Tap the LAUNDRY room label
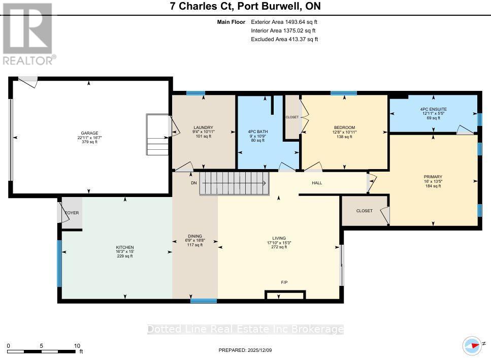tap(203, 127)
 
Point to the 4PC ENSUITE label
tap(433, 109)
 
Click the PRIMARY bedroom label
tap(433, 177)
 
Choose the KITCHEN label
tap(124, 247)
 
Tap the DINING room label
tap(195, 236)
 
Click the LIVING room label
tap(279, 238)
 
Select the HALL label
tap(317, 183)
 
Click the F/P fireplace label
tap(285, 282)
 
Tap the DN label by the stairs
tap(193, 183)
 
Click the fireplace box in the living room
tap(285, 295)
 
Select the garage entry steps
tap(156, 135)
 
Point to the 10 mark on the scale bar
tap(77, 345)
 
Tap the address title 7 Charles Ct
tap(245, 7)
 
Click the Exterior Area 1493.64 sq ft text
tap(284, 22)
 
